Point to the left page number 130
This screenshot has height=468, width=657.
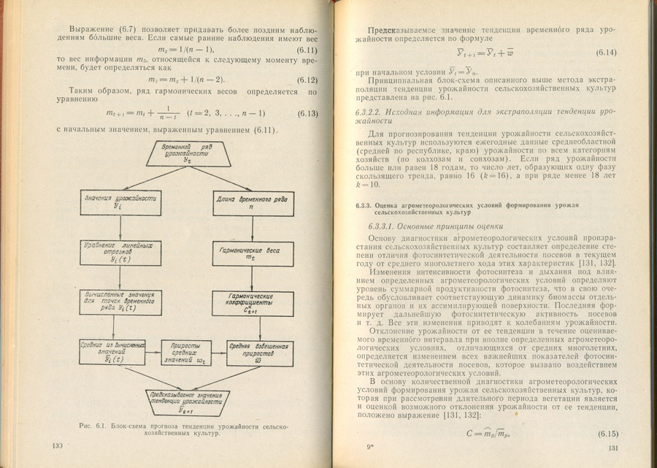click(x=58, y=446)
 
